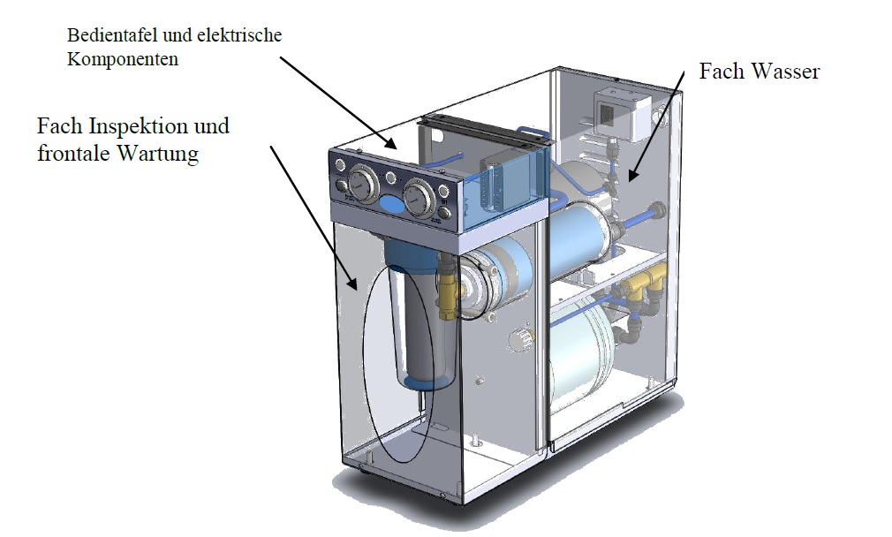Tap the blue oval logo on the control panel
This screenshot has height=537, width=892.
click(x=390, y=204)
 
